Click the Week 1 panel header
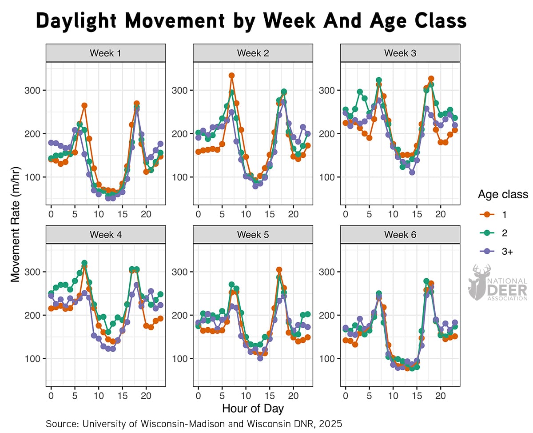[x=106, y=53]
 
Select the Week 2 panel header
[x=253, y=53]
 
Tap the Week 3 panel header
[x=400, y=53]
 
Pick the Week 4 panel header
[x=106, y=234]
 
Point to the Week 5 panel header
[x=253, y=234]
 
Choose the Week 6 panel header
[x=400, y=234]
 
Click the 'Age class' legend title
[x=503, y=194]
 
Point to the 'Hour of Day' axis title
[x=253, y=408]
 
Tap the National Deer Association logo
[x=497, y=283]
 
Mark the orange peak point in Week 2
[x=231, y=76]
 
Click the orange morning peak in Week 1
[x=84, y=105]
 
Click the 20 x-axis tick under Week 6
[x=440, y=395]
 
